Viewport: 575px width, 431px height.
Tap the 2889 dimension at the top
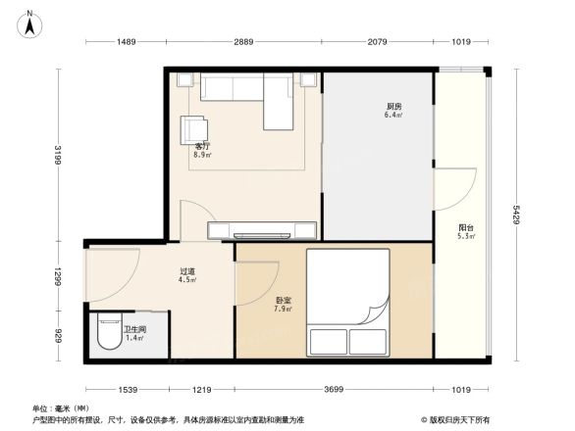243,41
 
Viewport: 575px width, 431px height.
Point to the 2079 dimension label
382,41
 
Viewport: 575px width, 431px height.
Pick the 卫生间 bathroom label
134,331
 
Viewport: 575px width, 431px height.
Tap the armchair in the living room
193,130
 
